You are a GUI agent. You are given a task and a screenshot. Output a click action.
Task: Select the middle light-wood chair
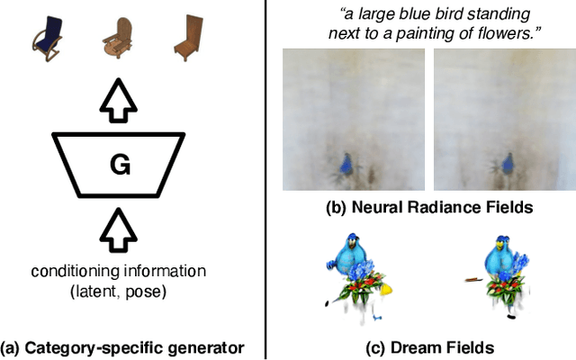pos(116,37)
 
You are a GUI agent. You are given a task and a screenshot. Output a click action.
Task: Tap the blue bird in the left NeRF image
pos(346,165)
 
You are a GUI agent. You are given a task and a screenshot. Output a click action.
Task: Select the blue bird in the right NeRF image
pos(506,164)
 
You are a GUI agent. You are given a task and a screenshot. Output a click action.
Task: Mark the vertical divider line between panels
pos(266,180)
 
